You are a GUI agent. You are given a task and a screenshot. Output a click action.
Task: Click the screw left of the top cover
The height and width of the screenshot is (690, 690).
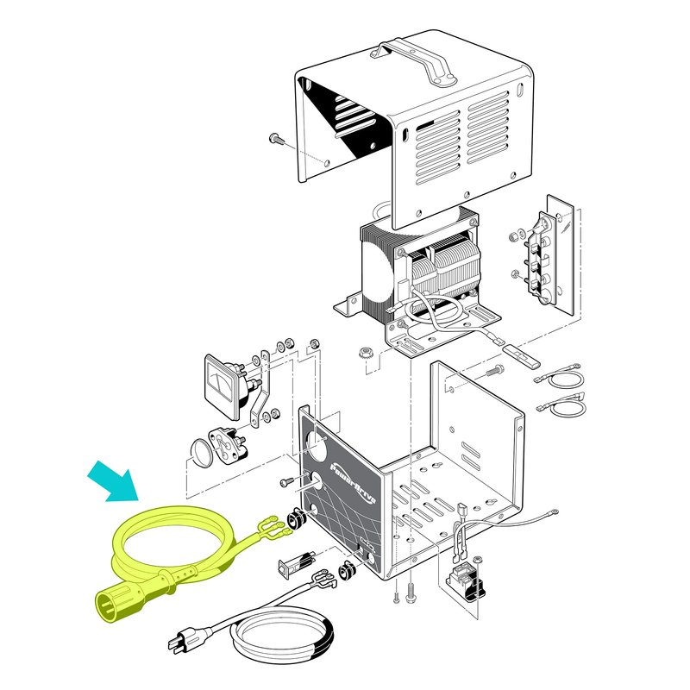tap(277, 138)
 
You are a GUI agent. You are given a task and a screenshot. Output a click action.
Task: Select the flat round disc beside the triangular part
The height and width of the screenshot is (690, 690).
tap(202, 450)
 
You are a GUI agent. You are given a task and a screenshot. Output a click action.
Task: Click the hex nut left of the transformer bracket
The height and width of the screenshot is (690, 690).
tap(365, 353)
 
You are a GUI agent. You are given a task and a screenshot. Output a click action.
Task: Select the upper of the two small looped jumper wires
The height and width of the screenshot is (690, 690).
tap(561, 376)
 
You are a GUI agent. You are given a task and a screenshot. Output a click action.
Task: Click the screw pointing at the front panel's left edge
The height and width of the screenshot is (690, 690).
tap(286, 481)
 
